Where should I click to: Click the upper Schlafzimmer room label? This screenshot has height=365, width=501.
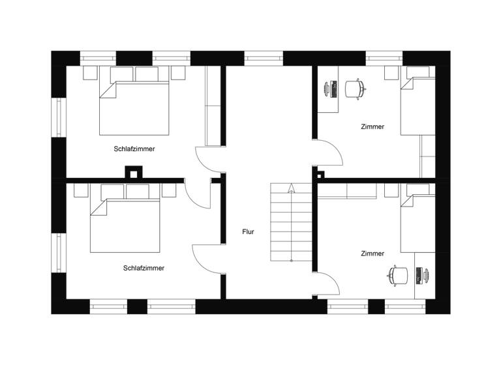[x=134, y=149]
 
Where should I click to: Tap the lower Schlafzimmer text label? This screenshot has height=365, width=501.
[x=144, y=268]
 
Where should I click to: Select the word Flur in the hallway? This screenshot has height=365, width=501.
[x=248, y=231]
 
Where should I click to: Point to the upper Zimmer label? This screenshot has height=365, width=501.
[x=372, y=126]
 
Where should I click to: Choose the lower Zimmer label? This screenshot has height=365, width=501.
[x=372, y=253]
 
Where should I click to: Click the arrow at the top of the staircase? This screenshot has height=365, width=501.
[x=291, y=188]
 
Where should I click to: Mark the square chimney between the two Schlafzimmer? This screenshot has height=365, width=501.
[x=133, y=173]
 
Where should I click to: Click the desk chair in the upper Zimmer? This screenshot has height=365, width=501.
[x=353, y=89]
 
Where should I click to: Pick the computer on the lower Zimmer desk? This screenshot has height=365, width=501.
[x=422, y=275]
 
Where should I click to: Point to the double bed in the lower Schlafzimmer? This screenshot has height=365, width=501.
[x=125, y=225]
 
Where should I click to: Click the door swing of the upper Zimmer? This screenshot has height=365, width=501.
[x=329, y=154]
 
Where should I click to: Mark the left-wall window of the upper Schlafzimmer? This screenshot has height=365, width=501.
[x=59, y=117]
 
